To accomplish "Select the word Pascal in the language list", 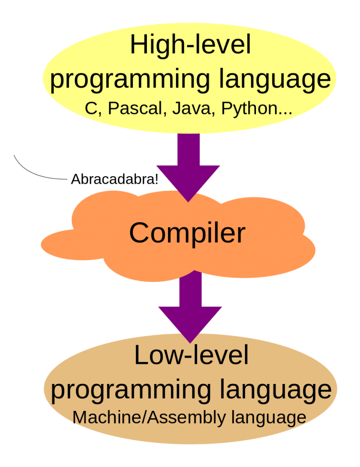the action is click(x=136, y=108).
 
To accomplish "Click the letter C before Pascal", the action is click(x=90, y=108).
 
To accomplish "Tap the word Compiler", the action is click(x=187, y=233).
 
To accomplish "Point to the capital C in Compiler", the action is click(x=138, y=233).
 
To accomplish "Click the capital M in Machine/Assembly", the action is click(x=80, y=417).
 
